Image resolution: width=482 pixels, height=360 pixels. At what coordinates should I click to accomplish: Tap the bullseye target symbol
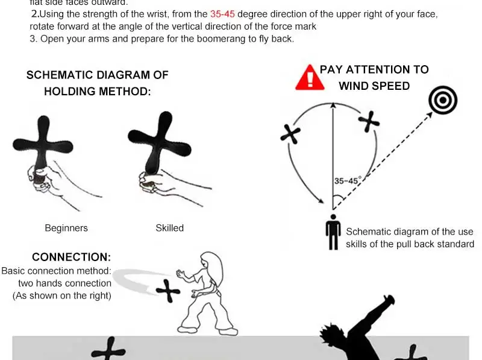click(x=443, y=100)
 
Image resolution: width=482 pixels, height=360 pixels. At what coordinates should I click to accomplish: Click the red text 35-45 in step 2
click(x=222, y=13)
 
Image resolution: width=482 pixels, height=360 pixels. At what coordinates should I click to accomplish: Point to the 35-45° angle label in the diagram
click(x=346, y=181)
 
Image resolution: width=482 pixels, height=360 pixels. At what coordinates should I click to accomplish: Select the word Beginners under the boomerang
click(x=66, y=228)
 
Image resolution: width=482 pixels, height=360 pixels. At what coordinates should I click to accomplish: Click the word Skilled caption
click(x=169, y=228)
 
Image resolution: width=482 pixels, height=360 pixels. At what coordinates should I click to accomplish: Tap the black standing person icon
click(x=333, y=232)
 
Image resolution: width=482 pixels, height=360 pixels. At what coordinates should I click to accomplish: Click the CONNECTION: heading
click(x=71, y=257)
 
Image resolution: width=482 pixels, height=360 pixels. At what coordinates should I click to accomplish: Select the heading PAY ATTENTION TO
click(x=374, y=69)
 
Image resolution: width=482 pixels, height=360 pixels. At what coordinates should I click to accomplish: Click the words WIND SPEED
click(x=374, y=86)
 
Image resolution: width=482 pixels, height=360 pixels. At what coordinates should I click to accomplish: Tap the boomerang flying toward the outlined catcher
click(x=168, y=292)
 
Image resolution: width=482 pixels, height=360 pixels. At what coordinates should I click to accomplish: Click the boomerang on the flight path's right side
click(x=369, y=122)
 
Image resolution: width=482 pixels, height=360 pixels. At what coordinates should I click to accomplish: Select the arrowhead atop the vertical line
click(x=332, y=105)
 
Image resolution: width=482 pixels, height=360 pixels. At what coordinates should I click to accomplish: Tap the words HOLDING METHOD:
click(x=97, y=92)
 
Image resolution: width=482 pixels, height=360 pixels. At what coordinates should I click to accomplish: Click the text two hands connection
click(x=64, y=283)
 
